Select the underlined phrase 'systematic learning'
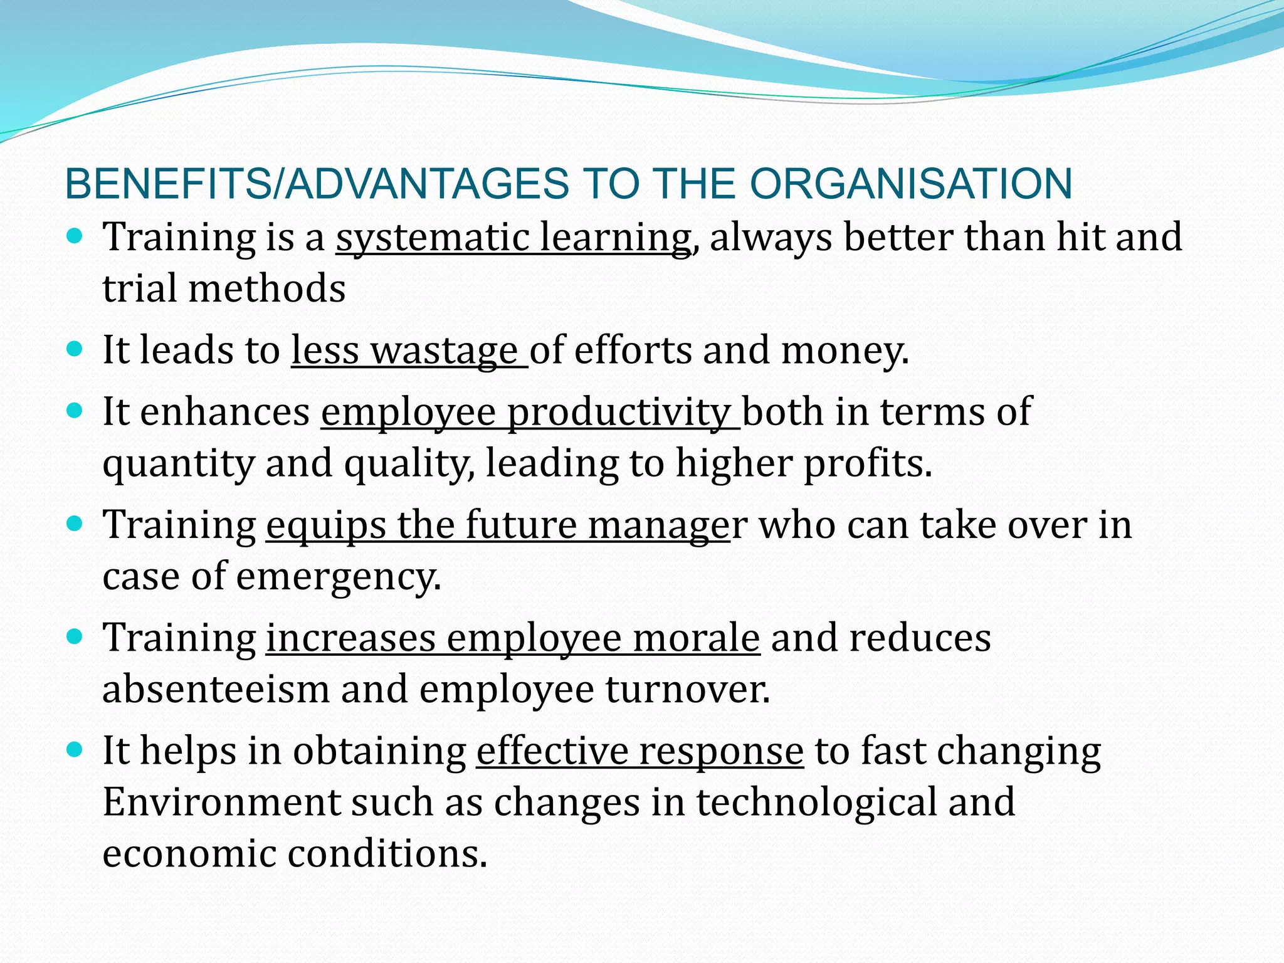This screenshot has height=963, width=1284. tap(513, 238)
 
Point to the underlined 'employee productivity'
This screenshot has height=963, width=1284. tap(530, 413)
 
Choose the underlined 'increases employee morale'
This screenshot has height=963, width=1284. tap(513, 638)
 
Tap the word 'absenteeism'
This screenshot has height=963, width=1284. tap(216, 689)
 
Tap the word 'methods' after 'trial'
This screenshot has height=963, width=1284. tap(266, 289)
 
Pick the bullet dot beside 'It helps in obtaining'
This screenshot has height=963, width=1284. tap(74, 749)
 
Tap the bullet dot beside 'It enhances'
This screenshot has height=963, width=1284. tap(74, 411)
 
